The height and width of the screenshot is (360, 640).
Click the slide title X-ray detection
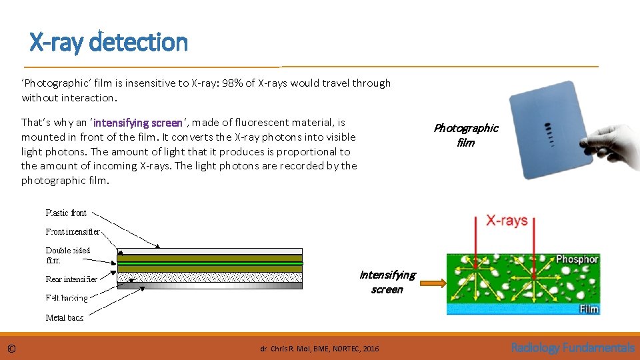click(109, 43)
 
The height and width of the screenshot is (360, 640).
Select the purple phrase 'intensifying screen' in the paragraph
click(138, 123)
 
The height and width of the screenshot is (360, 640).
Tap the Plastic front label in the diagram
click(66, 213)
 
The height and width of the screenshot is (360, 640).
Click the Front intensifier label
click(73, 232)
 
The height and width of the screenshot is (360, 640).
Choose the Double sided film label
click(67, 255)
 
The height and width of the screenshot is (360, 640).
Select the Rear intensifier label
click(71, 279)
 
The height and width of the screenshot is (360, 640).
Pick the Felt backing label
click(67, 298)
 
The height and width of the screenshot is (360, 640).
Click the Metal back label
click(65, 317)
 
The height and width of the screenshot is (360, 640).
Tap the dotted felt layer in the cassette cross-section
click(209, 277)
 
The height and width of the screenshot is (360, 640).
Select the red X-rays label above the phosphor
click(507, 221)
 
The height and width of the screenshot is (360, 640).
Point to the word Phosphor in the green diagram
click(577, 259)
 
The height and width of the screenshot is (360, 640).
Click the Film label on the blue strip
click(588, 309)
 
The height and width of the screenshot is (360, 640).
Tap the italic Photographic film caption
click(465, 135)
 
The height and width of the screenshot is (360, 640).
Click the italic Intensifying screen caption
click(387, 282)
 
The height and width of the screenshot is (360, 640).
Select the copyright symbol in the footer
click(11, 348)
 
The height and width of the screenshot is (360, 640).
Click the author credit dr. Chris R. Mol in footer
click(319, 349)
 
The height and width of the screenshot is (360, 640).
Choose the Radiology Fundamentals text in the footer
click(572, 347)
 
